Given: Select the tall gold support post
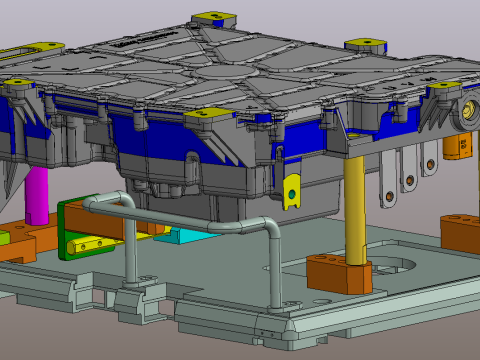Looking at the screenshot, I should point(355,205).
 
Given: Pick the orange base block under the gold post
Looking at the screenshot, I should point(339,272).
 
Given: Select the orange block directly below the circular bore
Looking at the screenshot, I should point(460,146).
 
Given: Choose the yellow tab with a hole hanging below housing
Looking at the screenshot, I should point(292,189).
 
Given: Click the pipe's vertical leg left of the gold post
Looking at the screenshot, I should point(276,270).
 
